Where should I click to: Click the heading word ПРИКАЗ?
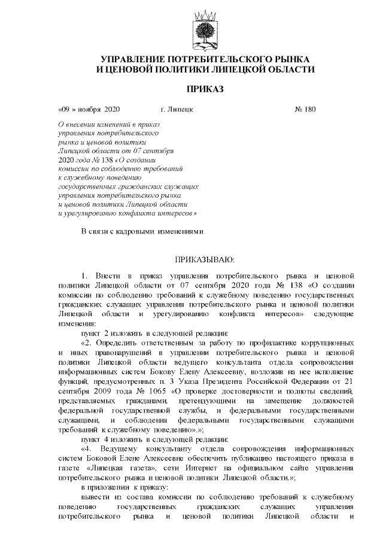[206, 89]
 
